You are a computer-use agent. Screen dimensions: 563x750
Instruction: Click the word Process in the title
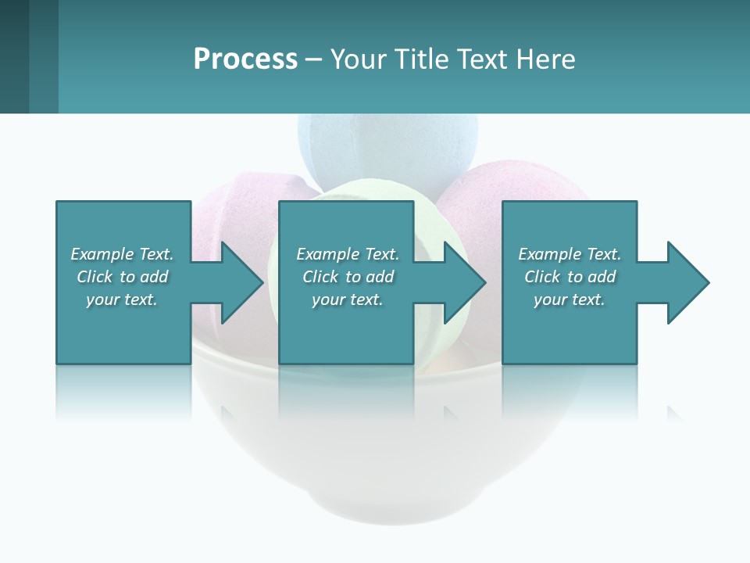pyautogui.click(x=245, y=59)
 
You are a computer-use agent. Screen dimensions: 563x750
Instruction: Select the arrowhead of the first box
pyautogui.click(x=238, y=282)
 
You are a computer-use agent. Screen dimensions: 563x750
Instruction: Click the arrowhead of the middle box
pyautogui.click(x=462, y=282)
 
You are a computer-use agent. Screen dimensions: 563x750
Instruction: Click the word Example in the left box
pyautogui.click(x=102, y=254)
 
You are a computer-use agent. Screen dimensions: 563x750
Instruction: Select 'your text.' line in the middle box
pyautogui.click(x=347, y=299)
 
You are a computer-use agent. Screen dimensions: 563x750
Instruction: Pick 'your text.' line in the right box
pyautogui.click(x=569, y=299)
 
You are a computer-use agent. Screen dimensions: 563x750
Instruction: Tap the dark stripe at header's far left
pyautogui.click(x=14, y=56)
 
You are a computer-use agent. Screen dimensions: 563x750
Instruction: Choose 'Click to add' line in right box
pyautogui.click(x=570, y=277)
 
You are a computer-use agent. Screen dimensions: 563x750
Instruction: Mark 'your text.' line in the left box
pyautogui.click(x=122, y=299)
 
